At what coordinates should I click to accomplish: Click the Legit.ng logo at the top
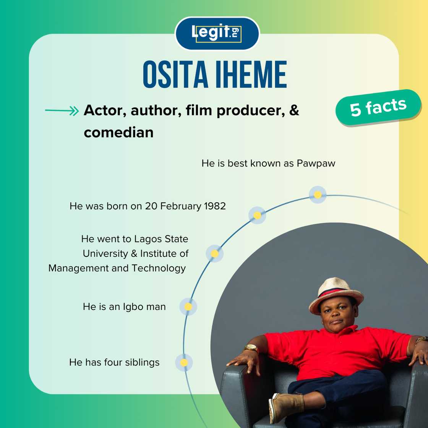click(x=217, y=33)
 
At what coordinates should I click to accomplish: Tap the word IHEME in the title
click(x=251, y=75)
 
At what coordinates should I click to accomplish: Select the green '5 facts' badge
click(x=378, y=108)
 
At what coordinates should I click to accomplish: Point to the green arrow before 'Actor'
click(x=62, y=111)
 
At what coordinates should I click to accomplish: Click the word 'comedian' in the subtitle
click(x=118, y=133)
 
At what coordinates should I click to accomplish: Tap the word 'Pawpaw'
click(x=316, y=164)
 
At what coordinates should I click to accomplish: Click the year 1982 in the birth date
click(x=215, y=206)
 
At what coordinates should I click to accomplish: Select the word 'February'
click(x=180, y=206)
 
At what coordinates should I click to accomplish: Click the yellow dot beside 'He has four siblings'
click(x=184, y=362)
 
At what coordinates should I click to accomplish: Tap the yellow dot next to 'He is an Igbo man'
click(x=188, y=307)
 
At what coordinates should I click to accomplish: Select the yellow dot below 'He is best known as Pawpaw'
click(x=318, y=195)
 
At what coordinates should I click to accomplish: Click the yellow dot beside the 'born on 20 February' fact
click(x=257, y=216)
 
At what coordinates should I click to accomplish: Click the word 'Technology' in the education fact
click(x=159, y=268)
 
